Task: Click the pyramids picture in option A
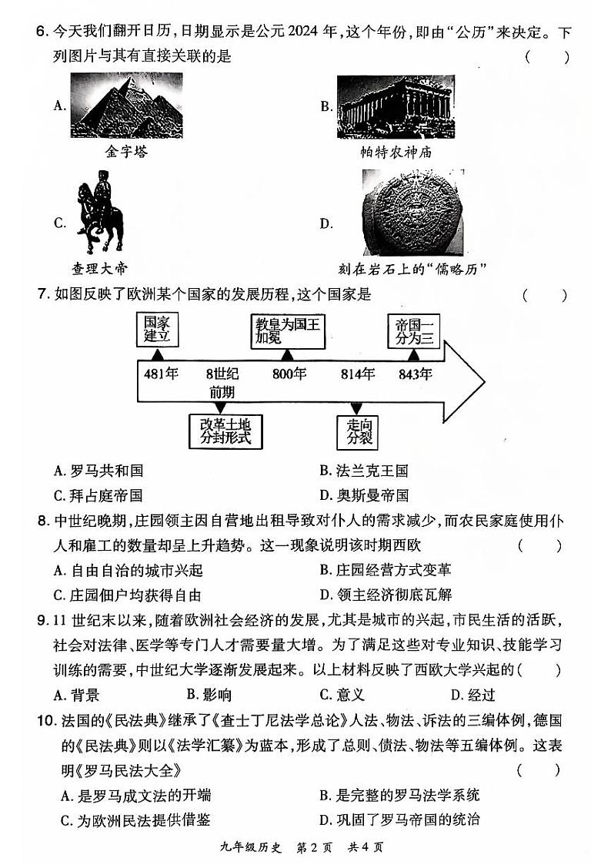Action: [126, 106]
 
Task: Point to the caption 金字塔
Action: [126, 152]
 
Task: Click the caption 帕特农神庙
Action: [396, 152]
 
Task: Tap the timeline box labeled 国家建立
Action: [157, 330]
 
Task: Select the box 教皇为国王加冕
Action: [287, 330]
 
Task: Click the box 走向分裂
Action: [356, 431]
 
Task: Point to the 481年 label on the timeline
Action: [161, 374]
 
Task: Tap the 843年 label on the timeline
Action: [415, 374]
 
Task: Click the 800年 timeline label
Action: [289, 374]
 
